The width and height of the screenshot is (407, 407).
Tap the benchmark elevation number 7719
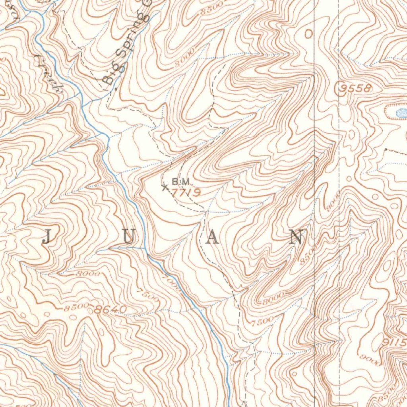[185, 192]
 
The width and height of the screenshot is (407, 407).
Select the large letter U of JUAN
[129, 237]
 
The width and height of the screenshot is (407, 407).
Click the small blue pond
[398, 112]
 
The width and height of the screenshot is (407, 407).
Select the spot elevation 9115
[395, 342]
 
